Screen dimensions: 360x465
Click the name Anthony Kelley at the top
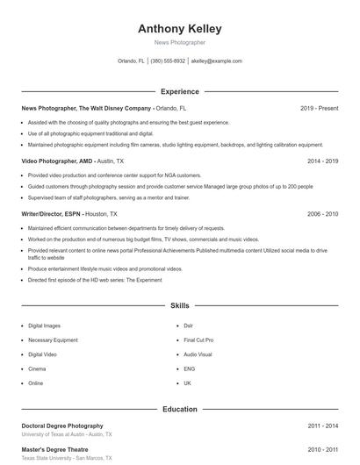(x=179, y=28)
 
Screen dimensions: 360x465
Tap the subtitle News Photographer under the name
(x=179, y=42)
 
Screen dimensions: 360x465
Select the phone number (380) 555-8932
(x=168, y=61)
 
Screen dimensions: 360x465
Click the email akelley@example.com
(x=216, y=61)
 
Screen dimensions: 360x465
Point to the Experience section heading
(x=179, y=91)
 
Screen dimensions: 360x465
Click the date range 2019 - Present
(x=319, y=108)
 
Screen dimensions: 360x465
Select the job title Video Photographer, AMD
(x=56, y=161)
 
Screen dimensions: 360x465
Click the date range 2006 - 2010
(x=322, y=213)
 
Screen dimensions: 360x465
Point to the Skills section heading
(x=179, y=305)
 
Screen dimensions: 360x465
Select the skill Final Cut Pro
(x=198, y=340)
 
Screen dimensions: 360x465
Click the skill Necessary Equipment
(x=53, y=340)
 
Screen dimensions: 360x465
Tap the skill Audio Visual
(x=198, y=354)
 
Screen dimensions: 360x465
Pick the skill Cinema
(x=38, y=368)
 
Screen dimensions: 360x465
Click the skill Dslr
(x=188, y=325)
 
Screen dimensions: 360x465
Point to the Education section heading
(x=179, y=409)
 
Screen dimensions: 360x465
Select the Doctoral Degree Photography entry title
(x=62, y=426)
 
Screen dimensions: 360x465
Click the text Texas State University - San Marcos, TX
(x=66, y=459)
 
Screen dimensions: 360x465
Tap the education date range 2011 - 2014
(x=322, y=426)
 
